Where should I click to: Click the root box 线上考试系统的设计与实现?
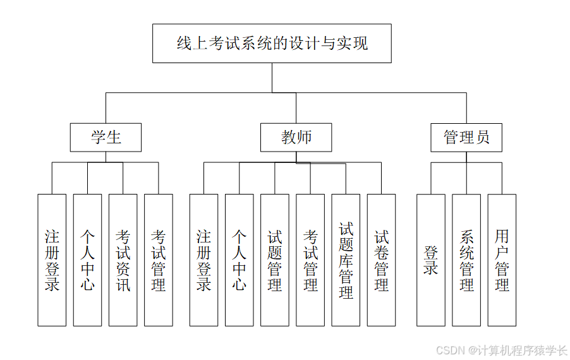[x=272, y=44]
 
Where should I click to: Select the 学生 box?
[x=106, y=137]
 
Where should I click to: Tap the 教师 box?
[x=296, y=137]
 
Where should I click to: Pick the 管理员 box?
[x=466, y=137]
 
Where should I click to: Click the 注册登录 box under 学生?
[x=52, y=260]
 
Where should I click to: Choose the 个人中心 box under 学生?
[x=87, y=260]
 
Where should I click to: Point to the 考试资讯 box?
[x=123, y=260]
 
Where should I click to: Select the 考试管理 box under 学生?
[x=159, y=260]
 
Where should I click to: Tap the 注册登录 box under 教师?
[x=203, y=260]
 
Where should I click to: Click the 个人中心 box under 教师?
[x=239, y=260]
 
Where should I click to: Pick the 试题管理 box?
[x=274, y=260]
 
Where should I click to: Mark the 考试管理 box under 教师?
[x=310, y=260]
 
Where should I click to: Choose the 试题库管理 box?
[x=346, y=260]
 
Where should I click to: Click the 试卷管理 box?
[x=381, y=260]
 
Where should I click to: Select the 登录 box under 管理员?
[x=431, y=260]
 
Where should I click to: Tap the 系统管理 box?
[x=466, y=260]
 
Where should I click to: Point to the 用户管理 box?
[x=502, y=260]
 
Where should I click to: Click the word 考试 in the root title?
[x=224, y=44]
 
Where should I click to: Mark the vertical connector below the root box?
[x=272, y=78]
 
